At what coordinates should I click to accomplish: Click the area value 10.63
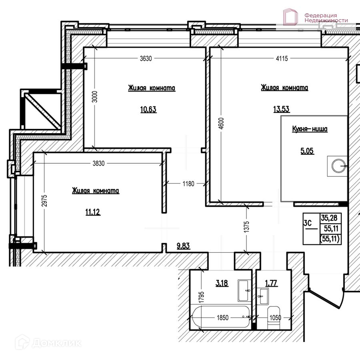tap(148, 109)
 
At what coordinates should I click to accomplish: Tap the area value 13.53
tap(282, 109)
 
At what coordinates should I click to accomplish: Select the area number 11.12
tap(93, 212)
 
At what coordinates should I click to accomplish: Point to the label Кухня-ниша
tap(310, 129)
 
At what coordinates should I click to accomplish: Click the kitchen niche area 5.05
tap(307, 151)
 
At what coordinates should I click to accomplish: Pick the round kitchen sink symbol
tap(339, 166)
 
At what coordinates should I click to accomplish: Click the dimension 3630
tap(146, 58)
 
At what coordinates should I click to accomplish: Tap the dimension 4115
tap(282, 58)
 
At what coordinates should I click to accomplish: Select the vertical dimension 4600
tap(221, 124)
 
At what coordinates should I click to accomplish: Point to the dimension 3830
tap(99, 164)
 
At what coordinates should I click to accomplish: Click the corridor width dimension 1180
tap(188, 184)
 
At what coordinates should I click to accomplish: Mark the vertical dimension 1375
tap(246, 227)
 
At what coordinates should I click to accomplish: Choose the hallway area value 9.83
tap(183, 246)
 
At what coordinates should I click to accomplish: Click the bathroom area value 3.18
tap(222, 283)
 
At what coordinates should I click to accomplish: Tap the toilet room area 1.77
tap(271, 283)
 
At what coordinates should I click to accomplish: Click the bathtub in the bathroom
tap(221, 317)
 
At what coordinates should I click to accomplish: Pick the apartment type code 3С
tap(308, 223)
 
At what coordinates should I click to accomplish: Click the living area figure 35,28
tap(329, 218)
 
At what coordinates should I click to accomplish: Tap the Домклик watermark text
tap(56, 343)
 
